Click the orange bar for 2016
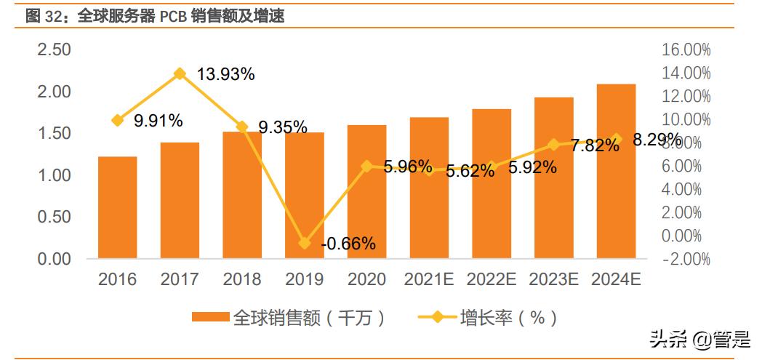pos(117,207)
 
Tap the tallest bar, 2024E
pos(616,171)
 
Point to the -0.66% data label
pos(348,244)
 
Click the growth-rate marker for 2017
pos(180,73)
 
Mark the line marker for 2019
pos(304,243)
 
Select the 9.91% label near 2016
pos(158,121)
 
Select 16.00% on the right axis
pos(686,50)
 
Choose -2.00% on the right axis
pos(686,260)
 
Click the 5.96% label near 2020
pos(407,166)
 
